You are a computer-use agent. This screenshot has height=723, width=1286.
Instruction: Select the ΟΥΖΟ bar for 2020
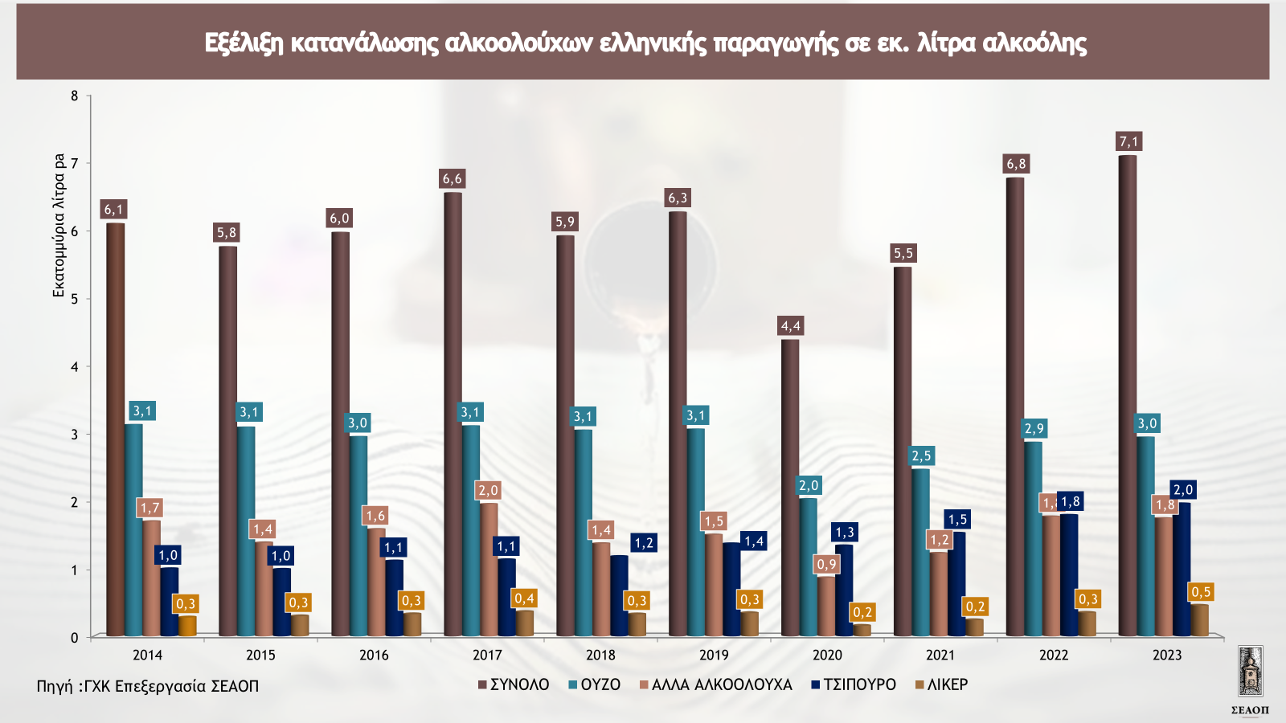(808, 566)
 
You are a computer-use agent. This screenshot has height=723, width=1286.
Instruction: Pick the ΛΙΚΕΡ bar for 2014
(186, 626)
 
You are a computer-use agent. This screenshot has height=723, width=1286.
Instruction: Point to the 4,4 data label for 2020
(791, 325)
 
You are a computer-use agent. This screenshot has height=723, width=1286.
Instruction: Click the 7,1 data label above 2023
(1129, 141)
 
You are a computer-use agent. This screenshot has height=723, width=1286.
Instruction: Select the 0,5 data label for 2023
(1201, 592)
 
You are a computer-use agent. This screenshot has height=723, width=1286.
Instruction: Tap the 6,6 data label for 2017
(453, 178)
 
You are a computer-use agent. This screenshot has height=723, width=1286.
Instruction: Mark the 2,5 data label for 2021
(921, 455)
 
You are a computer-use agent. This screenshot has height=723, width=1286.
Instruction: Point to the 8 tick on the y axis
(75, 96)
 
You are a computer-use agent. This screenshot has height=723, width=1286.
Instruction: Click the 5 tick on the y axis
(75, 299)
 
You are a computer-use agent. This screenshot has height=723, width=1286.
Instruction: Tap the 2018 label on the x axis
(600, 655)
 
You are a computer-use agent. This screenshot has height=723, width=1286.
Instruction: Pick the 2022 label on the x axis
(1054, 655)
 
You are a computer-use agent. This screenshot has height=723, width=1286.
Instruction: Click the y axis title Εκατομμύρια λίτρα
(59, 225)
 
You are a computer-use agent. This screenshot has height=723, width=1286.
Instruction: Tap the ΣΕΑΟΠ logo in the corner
(1250, 679)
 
